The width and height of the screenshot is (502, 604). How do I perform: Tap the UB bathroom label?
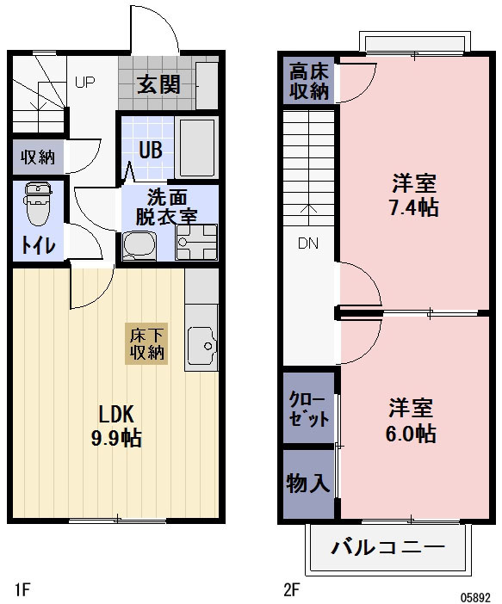pos(150,148)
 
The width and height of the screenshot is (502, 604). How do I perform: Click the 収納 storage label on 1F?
pos(38,157)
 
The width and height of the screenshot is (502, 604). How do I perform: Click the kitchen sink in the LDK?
pos(201,345)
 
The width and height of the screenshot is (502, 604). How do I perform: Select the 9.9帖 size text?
pos(116,438)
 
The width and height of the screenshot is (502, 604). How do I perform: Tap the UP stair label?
pos(84,83)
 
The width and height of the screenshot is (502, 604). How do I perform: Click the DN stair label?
pos(308,243)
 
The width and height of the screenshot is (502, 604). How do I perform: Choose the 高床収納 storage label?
pos(308,81)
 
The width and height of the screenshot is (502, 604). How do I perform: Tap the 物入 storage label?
pos(307,484)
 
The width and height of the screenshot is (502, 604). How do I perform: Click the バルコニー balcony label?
pos(387,548)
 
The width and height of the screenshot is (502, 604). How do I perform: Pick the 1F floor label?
pos(22,590)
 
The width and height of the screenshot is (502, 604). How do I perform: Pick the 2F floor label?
pos(291,590)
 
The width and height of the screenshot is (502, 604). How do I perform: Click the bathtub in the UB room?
pos(196,147)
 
